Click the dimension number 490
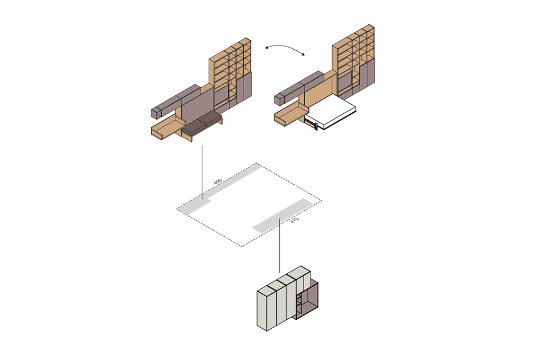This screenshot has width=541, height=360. click(218, 182)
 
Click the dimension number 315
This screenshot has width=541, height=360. click(294, 220)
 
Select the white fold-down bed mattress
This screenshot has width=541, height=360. click(331, 112)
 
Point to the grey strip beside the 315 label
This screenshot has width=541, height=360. click(282, 214)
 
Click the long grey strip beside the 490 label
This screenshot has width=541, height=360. click(221, 187)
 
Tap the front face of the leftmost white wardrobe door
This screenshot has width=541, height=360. click(262, 310)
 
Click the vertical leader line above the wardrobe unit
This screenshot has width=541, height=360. click(279, 245)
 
